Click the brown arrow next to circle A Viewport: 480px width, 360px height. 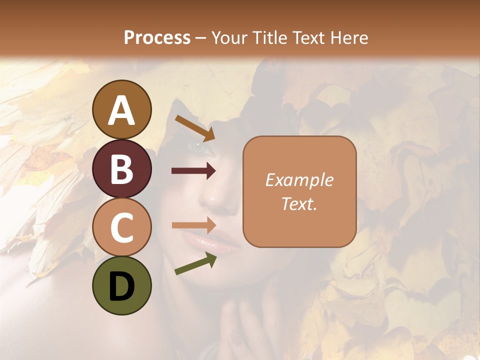[x=195, y=127]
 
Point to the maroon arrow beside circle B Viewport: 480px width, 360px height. [x=194, y=171]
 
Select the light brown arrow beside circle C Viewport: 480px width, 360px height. [x=194, y=225]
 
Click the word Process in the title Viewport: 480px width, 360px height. [x=157, y=37]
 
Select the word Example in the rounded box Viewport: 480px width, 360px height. [x=299, y=180]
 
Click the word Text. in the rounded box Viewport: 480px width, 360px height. [x=299, y=203]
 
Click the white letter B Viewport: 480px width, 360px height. [x=122, y=169]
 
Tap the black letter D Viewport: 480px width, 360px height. [x=122, y=286]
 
